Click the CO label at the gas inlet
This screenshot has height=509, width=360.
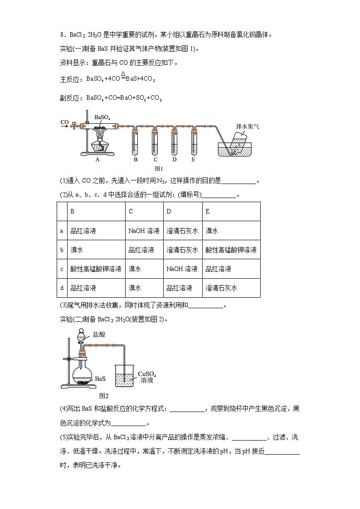pos(64,122)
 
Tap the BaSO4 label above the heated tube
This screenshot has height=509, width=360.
pos(102,117)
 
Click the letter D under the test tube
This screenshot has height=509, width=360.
pos(175,159)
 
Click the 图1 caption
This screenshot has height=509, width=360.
pos(159,169)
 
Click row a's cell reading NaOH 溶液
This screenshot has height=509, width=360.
pos(144,231)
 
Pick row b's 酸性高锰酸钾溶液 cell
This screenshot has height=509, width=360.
pos(231,250)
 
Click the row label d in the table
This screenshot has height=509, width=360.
pos(62,288)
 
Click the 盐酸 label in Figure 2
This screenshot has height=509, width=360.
pos(99,334)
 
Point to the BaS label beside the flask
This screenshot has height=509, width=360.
pos(101,378)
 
